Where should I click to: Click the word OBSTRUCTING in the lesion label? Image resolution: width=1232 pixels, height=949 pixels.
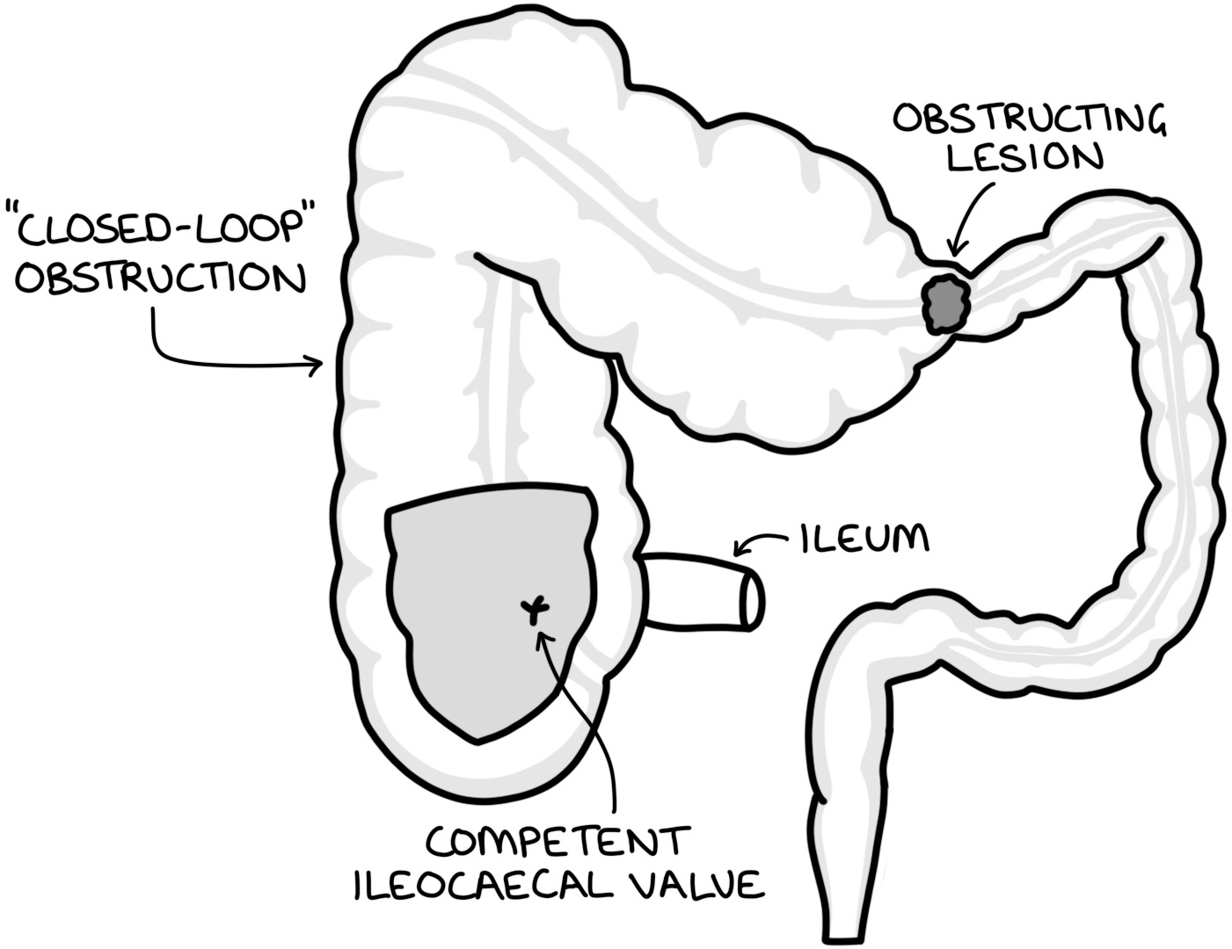coord(1030,119)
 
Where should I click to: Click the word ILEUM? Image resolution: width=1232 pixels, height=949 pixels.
coord(864,537)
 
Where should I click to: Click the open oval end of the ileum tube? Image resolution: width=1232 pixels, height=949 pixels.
coord(752,598)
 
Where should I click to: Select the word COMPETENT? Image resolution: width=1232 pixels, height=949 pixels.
coord(555,842)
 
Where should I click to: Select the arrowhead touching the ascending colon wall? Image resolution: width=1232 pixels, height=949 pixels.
coord(317,362)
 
